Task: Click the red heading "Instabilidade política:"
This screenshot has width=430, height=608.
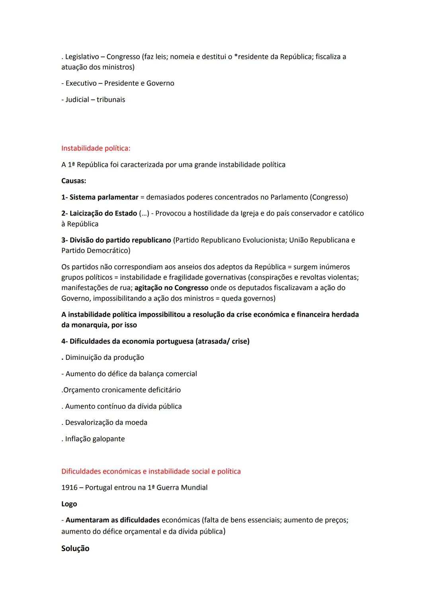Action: pos(96,148)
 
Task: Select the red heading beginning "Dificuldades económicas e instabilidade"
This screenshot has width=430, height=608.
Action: pos(151,471)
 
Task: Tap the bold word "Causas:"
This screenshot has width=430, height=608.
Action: pos(74,181)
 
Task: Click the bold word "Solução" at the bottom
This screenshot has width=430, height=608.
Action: pos(75,549)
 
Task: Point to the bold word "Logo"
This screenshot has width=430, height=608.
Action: pos(69,504)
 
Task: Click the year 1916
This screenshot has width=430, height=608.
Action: pos(69,488)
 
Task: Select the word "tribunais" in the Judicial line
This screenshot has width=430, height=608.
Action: pos(111,100)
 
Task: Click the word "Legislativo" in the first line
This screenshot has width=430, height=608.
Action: pos(82,57)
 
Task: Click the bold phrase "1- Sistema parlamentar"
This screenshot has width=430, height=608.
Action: pos(100,197)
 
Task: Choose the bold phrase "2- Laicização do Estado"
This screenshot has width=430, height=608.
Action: pos(99,214)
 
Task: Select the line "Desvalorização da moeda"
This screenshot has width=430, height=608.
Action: pos(106,423)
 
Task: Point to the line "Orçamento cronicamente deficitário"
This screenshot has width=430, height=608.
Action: pos(122,390)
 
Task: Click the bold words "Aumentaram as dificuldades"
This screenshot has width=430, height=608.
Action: pos(113,520)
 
